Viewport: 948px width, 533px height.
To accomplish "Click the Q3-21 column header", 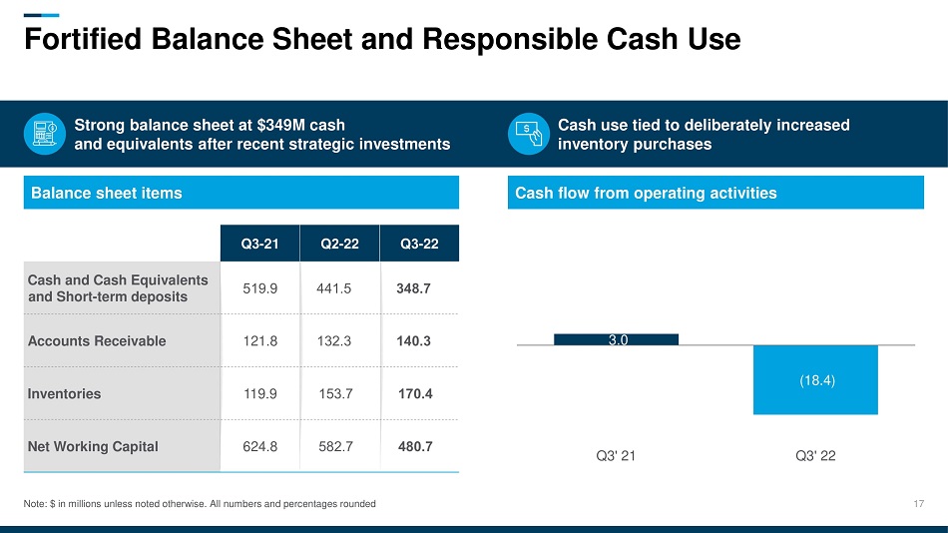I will point(259,243).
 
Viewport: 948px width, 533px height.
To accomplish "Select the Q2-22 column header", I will point(339,243).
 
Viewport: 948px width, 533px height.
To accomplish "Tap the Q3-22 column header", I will point(419,243).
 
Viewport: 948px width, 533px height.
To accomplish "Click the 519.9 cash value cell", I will point(259,288).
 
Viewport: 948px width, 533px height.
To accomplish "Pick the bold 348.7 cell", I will point(414,288).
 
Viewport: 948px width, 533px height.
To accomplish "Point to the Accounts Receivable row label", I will point(97,340).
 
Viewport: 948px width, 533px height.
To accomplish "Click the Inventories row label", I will point(65,393).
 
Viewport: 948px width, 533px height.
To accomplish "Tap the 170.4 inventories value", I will point(414,393).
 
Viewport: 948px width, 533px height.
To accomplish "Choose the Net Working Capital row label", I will point(93,446).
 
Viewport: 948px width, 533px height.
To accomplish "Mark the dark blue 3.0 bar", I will point(616,339).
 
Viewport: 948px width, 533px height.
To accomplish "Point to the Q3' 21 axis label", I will point(616,456).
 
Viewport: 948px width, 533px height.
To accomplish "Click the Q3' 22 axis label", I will point(815,456).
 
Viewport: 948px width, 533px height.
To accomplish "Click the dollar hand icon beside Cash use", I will point(528,135).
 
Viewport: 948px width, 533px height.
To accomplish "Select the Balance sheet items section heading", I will point(107,193).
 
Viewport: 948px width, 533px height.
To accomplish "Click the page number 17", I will point(919,504).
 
